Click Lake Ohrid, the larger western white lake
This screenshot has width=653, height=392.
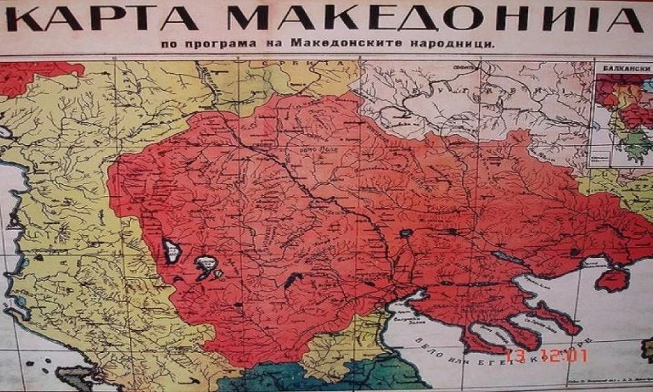click(x=171, y=250)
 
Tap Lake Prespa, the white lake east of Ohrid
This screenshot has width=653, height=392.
click(x=206, y=265)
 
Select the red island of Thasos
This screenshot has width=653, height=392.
click(x=613, y=280)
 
